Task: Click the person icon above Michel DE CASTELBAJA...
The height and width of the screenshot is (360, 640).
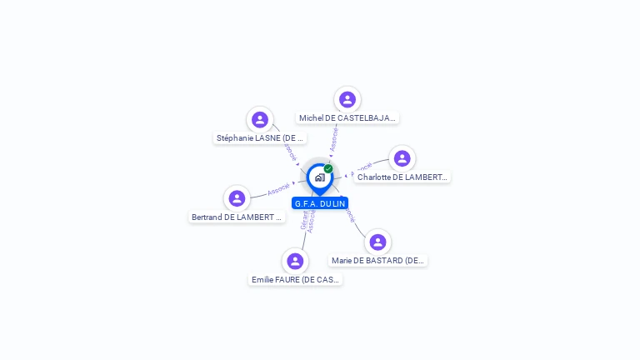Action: tap(347, 100)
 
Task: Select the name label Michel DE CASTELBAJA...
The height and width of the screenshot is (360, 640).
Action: tap(347, 118)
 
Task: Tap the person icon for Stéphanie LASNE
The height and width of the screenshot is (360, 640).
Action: tap(260, 120)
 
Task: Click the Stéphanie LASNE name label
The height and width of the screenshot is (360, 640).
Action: tap(260, 138)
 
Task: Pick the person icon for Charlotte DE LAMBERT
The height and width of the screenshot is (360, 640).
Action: tap(402, 158)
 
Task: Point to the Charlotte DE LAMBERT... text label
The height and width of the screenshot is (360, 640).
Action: tap(402, 177)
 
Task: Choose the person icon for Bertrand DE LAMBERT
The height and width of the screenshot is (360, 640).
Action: tap(237, 198)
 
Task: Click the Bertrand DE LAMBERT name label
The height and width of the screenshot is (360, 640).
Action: tap(237, 217)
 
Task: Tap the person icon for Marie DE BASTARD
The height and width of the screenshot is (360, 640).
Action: tap(377, 242)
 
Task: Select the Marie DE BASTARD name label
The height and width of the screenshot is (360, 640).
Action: tap(378, 260)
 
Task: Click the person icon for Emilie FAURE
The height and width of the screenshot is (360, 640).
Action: tap(295, 262)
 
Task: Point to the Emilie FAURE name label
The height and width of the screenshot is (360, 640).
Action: tap(296, 280)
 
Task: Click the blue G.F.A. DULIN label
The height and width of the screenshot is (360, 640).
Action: tap(320, 203)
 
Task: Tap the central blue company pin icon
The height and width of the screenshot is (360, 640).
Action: tap(319, 177)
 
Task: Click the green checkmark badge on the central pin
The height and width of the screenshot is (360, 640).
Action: tap(328, 169)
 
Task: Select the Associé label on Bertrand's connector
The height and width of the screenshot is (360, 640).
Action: tap(278, 189)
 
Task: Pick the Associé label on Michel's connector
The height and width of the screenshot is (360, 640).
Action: tap(334, 138)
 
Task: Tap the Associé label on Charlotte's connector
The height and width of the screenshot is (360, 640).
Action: tap(361, 170)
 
